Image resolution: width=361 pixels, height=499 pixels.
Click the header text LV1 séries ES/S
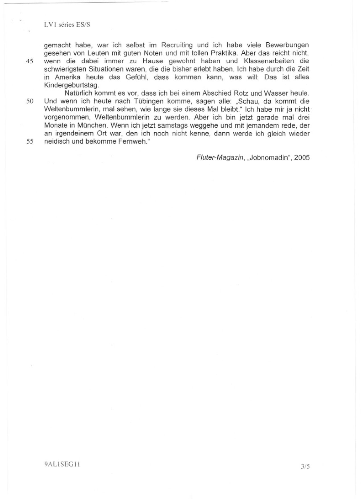(67, 25)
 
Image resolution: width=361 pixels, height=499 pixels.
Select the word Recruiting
(177, 45)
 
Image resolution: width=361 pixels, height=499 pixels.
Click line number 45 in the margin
(30, 61)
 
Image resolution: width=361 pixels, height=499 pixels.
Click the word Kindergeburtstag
(71, 85)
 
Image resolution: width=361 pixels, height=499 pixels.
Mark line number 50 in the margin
(30, 101)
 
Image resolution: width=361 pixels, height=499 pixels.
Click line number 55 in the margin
(30, 141)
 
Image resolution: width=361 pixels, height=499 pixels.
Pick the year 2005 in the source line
(302, 158)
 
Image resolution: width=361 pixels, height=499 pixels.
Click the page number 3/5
(305, 466)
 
